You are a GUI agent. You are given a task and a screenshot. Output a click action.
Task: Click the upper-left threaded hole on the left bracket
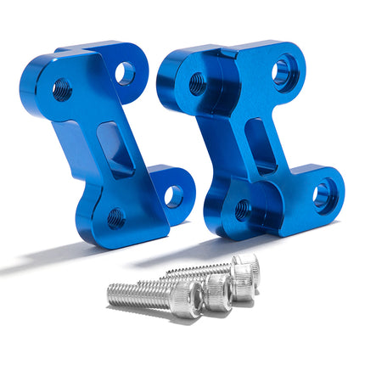point(61,89)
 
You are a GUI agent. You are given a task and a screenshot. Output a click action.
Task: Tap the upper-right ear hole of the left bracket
point(125,73)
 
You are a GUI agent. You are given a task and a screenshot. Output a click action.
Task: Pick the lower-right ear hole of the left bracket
point(173,195)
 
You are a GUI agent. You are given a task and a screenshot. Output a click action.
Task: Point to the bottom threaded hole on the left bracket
point(115,219)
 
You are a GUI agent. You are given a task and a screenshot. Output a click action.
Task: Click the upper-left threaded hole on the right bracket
point(196,83)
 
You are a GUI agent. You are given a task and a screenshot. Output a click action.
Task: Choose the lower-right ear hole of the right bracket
point(323,194)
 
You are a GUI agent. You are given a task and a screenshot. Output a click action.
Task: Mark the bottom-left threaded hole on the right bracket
point(244,207)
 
